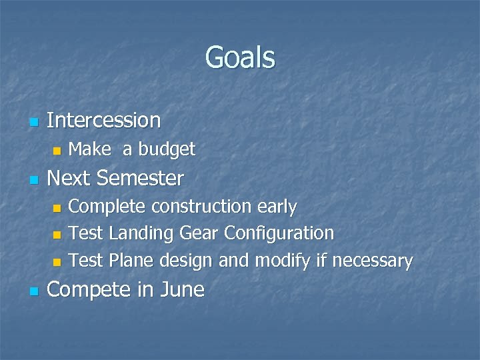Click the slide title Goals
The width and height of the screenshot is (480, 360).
pos(240,57)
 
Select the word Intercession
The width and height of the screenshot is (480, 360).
pos(104,121)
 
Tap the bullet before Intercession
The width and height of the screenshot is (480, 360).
pos(33,122)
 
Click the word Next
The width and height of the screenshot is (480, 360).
pos(70,179)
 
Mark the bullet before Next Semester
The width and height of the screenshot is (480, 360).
pos(33,180)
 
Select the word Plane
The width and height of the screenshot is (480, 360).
pos(131,260)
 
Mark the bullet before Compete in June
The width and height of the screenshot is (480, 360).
pos(33,291)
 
